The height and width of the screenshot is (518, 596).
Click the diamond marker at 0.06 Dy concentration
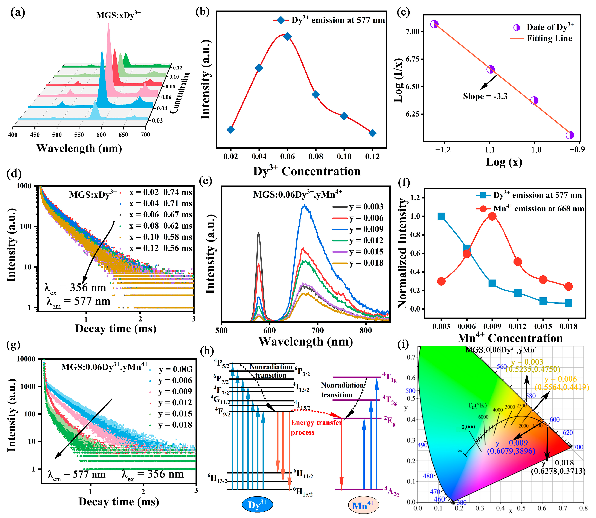tap(287, 36)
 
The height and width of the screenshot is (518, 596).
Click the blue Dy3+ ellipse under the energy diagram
tap(257, 505)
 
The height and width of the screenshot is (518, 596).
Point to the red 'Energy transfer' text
tap(316, 423)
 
